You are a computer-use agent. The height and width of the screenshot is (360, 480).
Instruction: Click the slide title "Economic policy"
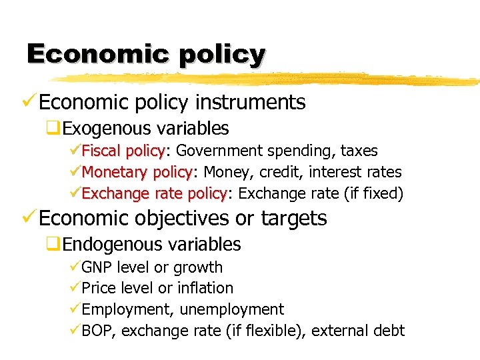tap(146, 54)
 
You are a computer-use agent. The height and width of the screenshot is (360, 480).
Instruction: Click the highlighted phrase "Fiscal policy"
tap(123, 151)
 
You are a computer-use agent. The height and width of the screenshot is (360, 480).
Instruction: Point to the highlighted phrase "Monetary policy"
tap(137, 173)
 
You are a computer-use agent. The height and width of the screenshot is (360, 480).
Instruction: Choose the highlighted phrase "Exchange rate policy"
tap(154, 194)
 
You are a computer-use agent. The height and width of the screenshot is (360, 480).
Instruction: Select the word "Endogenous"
tap(112, 245)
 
